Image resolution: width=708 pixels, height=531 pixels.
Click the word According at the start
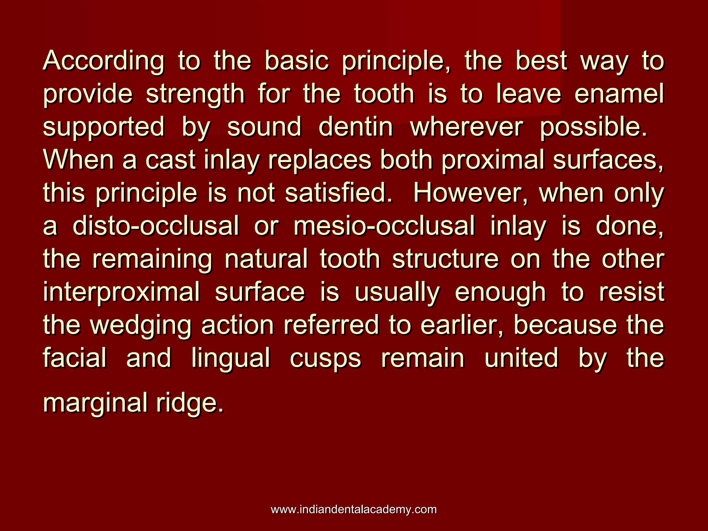104,62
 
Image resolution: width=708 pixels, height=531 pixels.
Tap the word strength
195,95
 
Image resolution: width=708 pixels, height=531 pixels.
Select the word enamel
619,94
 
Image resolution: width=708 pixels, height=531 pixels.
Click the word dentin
356,127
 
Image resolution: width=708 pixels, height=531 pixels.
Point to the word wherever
466,127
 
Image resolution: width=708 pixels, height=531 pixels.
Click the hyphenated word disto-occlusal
156,226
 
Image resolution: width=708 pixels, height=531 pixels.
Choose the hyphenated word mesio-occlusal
384,226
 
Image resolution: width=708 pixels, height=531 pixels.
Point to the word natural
266,259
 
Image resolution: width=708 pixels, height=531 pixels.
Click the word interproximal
121,292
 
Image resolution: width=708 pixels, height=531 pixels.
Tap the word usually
397,292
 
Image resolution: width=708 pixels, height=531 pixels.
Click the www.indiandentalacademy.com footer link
354,509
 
